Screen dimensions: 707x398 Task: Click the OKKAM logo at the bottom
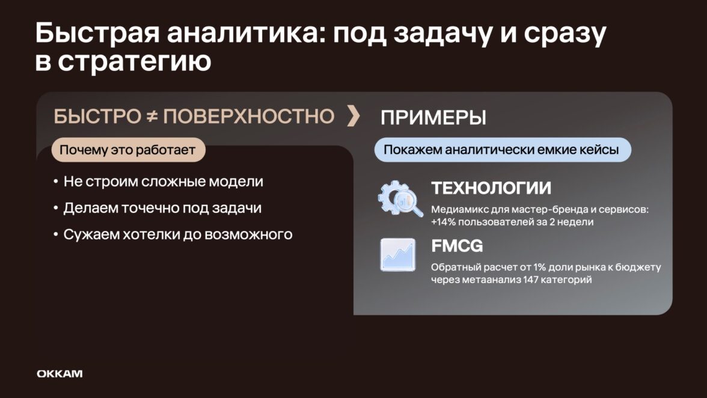[x=60, y=374]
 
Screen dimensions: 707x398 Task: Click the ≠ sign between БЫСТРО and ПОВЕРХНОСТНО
[x=152, y=116]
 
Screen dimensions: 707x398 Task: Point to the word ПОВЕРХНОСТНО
[x=248, y=116]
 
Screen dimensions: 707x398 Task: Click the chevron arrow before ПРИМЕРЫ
[x=354, y=115]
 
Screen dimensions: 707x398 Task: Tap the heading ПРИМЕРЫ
[x=433, y=118]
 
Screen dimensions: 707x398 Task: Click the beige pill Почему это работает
[x=128, y=150]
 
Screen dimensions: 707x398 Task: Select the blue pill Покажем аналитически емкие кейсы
[x=503, y=150]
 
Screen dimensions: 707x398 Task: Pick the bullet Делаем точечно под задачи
[x=158, y=208]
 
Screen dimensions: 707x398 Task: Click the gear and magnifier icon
[x=400, y=198]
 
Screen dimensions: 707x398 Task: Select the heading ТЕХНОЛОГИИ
[x=491, y=188]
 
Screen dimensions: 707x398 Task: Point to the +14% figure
[x=443, y=222]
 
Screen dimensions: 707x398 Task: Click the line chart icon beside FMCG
[x=398, y=255]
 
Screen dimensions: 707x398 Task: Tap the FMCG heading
[x=457, y=246]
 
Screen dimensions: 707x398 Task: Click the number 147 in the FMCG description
[x=531, y=280]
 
